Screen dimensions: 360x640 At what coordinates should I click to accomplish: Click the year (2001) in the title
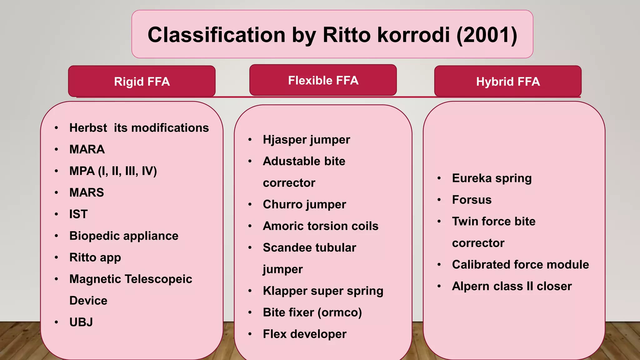(x=487, y=35)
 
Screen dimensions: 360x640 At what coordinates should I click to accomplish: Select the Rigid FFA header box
(x=142, y=82)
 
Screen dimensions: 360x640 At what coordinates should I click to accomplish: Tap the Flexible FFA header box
(x=323, y=80)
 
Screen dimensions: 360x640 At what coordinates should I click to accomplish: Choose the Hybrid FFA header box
(x=508, y=82)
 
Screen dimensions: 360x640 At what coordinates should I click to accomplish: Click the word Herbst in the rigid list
(x=88, y=128)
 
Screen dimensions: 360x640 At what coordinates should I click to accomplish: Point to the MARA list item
(x=87, y=149)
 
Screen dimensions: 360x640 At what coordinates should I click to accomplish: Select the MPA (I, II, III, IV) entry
(x=113, y=171)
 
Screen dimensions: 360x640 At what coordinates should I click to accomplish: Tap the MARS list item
(x=87, y=192)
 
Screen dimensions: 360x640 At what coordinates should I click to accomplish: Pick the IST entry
(x=78, y=214)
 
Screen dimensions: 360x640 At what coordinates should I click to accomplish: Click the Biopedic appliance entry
(x=124, y=236)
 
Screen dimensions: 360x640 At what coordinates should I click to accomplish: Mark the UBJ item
(x=81, y=322)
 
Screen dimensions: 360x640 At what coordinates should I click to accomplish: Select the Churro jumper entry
(x=304, y=204)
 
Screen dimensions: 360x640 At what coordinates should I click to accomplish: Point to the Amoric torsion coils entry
(x=321, y=226)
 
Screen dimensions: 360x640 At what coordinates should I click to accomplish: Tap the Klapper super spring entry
(x=323, y=291)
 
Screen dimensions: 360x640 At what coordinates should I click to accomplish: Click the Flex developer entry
(x=305, y=334)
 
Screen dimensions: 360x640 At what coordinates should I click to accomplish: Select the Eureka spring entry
(x=492, y=178)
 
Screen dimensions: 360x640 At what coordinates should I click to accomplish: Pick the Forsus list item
(x=472, y=200)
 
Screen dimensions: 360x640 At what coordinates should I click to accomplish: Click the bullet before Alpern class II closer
(x=439, y=286)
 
